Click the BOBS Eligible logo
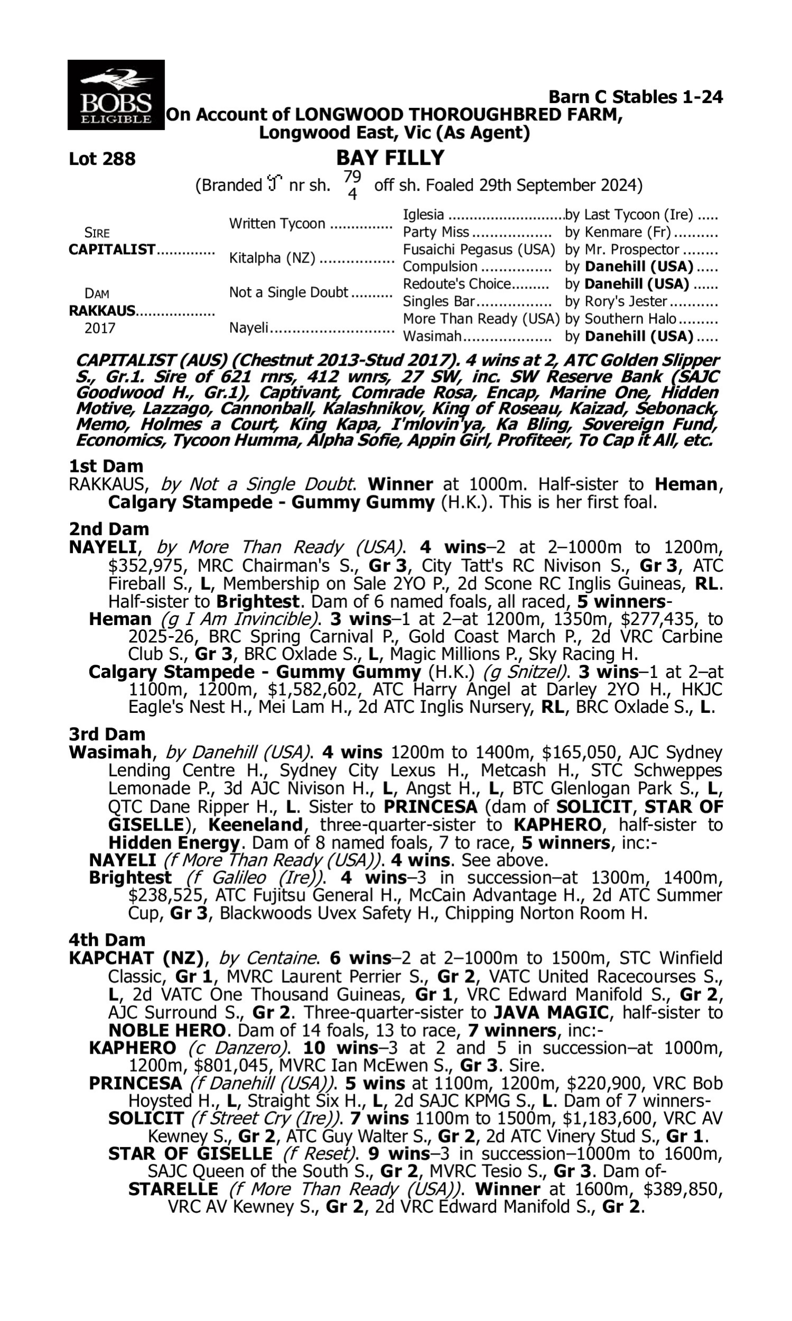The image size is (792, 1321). (116, 95)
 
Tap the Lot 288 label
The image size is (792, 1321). (102, 159)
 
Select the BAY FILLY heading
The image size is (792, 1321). (390, 158)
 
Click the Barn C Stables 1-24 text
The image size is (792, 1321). (635, 97)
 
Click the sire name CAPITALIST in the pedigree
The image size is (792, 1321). (112, 249)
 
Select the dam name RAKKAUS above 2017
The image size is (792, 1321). (102, 311)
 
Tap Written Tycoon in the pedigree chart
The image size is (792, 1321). (277, 224)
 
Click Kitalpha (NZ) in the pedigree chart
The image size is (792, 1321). (271, 258)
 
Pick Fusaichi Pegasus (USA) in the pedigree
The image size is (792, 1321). (479, 249)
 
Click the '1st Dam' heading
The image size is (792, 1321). (106, 466)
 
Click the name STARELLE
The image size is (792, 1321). (173, 1189)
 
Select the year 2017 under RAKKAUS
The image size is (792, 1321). (100, 328)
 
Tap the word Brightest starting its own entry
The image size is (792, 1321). (130, 877)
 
